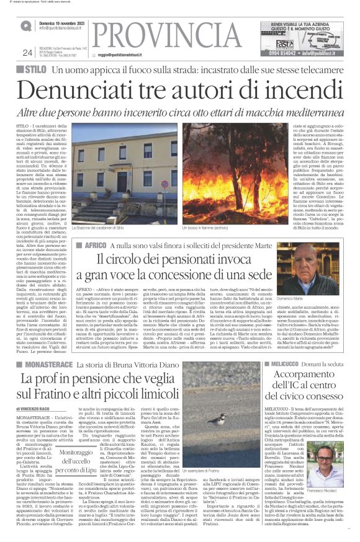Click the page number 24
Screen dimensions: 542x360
(27, 53)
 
